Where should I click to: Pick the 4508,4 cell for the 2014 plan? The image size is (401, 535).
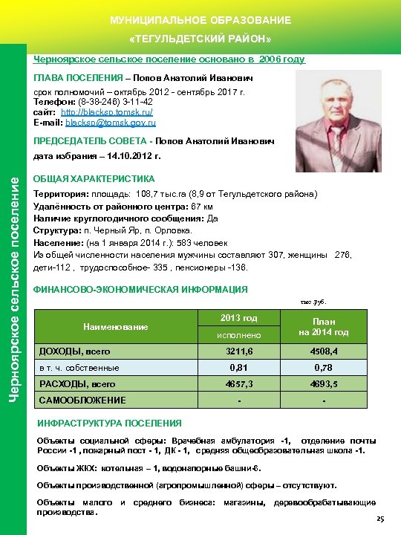click(325, 351)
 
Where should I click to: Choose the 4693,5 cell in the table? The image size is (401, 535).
click(325, 384)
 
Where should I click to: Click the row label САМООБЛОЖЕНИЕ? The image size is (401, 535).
click(82, 401)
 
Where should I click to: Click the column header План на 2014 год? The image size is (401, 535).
click(324, 326)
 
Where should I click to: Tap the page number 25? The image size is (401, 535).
click(381, 519)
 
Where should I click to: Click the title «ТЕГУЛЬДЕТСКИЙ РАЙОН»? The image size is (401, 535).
click(200, 38)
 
